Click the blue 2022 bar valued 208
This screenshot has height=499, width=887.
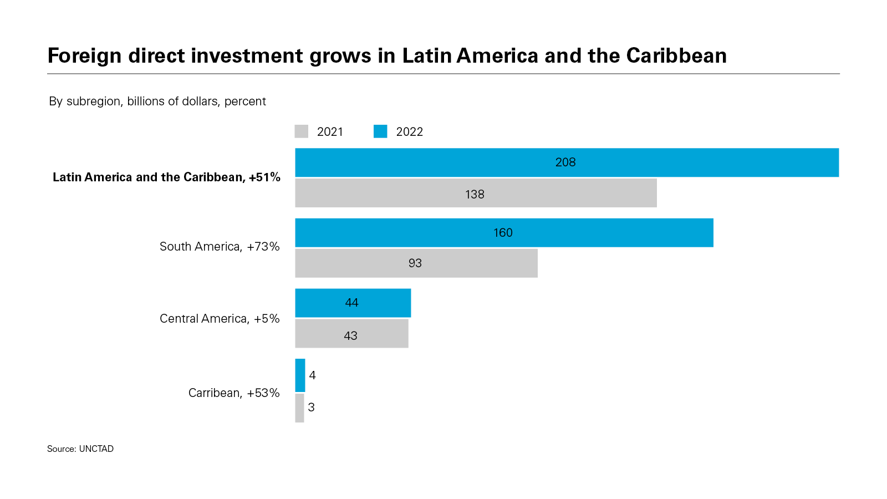coord(567,162)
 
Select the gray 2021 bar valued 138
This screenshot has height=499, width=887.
coord(476,193)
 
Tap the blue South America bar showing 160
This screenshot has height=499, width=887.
coord(504,233)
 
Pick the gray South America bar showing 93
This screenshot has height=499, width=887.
coord(416,263)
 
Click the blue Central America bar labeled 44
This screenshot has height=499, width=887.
coord(353,303)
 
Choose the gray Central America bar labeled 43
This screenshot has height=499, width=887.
coord(351,334)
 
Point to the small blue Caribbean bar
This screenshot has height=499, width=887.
coord(300,375)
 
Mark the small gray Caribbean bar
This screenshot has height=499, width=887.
coord(299,408)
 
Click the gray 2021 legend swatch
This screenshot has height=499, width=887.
coord(302,131)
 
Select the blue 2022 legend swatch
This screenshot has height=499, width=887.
coord(380,131)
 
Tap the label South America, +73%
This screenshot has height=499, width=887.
coord(220,247)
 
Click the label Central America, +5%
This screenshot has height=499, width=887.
coord(220,319)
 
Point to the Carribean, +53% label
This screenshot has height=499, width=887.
coord(234,393)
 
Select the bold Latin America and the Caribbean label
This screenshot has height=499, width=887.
coord(166,177)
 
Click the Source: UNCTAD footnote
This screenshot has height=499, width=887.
coord(80,449)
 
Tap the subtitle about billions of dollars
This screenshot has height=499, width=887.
coord(157,101)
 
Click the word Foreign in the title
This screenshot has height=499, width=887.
coord(84,56)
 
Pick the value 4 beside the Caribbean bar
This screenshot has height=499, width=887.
coord(313,375)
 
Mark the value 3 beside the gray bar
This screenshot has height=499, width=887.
coord(312,408)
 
